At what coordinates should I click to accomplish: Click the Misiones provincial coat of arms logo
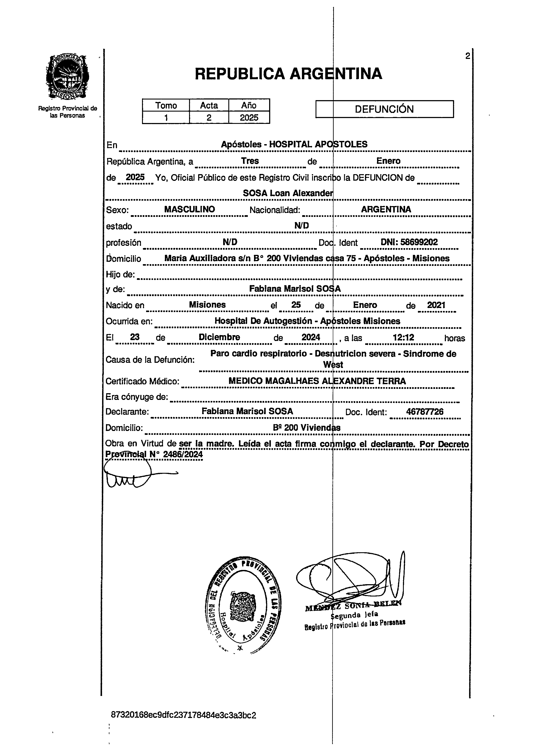coord(68,77)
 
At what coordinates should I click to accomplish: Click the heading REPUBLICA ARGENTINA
coord(288,74)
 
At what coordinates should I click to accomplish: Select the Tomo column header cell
coord(166,105)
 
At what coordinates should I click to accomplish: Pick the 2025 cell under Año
coord(249,118)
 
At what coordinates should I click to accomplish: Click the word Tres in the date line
coord(250,161)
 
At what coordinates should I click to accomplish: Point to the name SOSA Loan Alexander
coord(288,193)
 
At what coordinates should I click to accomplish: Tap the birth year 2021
coord(436,305)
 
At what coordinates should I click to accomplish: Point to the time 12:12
coord(403,338)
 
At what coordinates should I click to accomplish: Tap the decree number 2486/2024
coord(183,454)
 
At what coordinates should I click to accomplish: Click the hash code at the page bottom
coord(183,715)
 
